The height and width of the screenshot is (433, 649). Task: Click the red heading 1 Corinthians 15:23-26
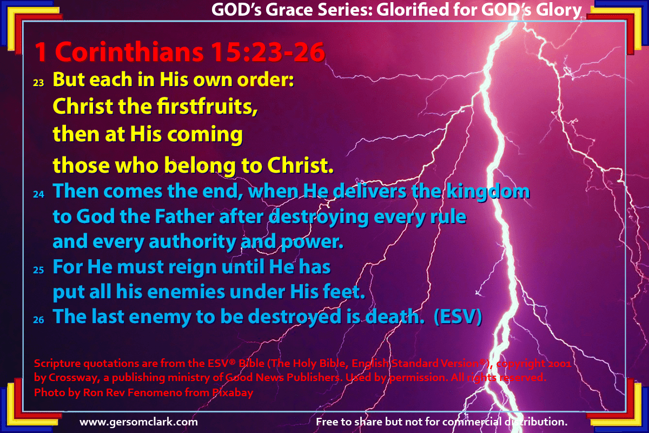click(x=180, y=51)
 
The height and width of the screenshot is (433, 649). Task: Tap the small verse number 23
click(x=38, y=83)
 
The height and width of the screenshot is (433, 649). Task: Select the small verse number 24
click(x=38, y=194)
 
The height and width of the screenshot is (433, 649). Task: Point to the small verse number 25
click(x=38, y=270)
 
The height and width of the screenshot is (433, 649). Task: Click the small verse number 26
click(x=38, y=320)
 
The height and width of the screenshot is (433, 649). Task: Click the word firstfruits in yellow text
click(x=207, y=106)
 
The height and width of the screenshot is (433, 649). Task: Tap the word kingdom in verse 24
click(x=488, y=193)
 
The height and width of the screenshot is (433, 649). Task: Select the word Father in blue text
click(x=184, y=216)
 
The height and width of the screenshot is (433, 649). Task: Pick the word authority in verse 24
click(x=192, y=242)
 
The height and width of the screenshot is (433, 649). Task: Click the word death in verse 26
click(x=393, y=316)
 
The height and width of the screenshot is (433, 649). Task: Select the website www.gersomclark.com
click(x=138, y=422)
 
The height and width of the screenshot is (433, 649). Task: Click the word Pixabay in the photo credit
click(x=233, y=393)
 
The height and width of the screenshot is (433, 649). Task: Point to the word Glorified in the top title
click(x=412, y=10)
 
